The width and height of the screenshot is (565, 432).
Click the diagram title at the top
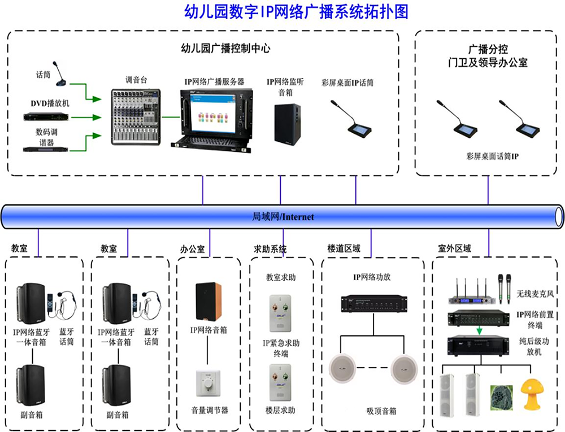pyautogui.click(x=296, y=12)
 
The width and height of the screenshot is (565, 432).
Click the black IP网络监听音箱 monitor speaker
pyautogui.click(x=288, y=124)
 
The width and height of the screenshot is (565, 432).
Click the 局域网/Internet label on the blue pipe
pyautogui.click(x=282, y=217)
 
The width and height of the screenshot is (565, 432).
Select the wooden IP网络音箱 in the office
pyautogui.click(x=208, y=301)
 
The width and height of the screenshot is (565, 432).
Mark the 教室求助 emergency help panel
pyautogui.click(x=280, y=309)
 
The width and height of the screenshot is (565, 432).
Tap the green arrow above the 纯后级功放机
pyautogui.click(x=478, y=330)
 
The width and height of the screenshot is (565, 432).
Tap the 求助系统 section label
pyautogui.click(x=270, y=249)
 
